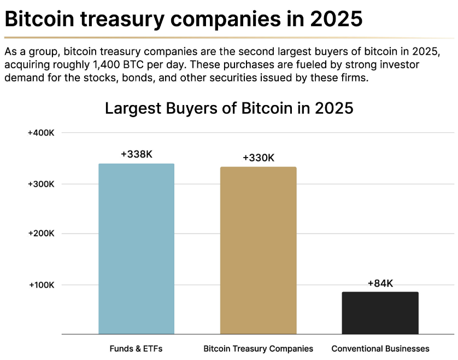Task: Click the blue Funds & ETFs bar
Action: click(136, 249)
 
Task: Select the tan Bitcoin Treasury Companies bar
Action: click(258, 251)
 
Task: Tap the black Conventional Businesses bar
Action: click(380, 313)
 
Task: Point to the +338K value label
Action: click(136, 154)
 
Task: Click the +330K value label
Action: click(258, 158)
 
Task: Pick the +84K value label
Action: click(380, 283)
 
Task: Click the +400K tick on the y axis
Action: click(41, 133)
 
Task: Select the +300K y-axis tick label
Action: click(41, 184)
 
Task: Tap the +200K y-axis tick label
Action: click(41, 234)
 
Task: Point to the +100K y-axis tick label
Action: click(41, 284)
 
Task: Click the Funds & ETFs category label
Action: click(136, 349)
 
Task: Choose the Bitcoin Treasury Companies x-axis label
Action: click(258, 349)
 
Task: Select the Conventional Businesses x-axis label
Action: click(380, 349)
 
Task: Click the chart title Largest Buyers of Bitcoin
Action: click(229, 108)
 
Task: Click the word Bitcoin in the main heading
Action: click(36, 20)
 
